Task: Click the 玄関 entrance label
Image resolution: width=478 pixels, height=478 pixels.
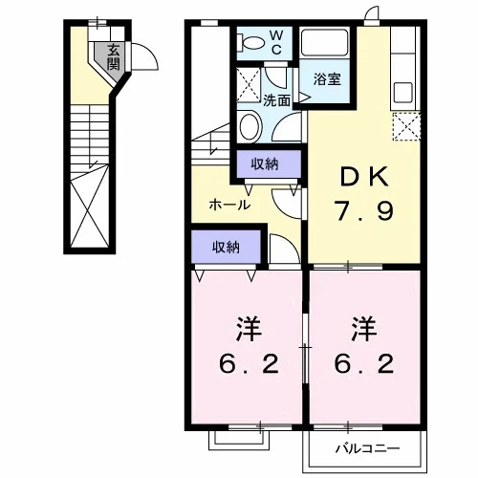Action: point(114,57)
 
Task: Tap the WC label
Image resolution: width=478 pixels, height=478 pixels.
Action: point(276,42)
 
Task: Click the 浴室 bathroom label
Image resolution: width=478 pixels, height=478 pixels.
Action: point(327,79)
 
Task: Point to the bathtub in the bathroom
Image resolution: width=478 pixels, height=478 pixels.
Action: point(324,43)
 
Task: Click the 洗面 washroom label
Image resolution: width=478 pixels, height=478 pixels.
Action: point(276,100)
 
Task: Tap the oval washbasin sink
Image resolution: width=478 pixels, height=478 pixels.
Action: point(249,126)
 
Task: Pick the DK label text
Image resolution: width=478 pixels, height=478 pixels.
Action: point(364,177)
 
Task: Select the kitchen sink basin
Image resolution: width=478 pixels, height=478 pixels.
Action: point(403,93)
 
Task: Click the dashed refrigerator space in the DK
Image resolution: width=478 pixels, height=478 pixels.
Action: point(406,126)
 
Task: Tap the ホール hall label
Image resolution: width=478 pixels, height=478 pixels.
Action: point(229,205)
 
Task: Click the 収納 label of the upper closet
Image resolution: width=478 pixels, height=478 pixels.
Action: point(265,163)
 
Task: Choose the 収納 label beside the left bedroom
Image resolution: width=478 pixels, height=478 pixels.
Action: point(226,247)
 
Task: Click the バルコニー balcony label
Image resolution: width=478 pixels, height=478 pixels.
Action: point(367,448)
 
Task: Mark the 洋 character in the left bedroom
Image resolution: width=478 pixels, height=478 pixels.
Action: point(249,329)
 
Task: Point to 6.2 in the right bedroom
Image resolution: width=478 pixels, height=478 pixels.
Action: point(363,364)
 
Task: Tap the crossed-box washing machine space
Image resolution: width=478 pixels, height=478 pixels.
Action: point(249,85)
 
